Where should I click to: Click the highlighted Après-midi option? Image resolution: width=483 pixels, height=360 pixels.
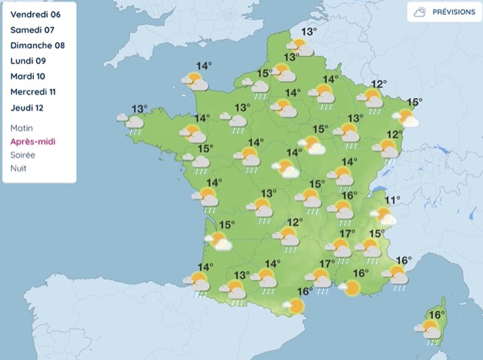tap(32, 141)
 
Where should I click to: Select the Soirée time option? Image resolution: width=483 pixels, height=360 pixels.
tap(23, 155)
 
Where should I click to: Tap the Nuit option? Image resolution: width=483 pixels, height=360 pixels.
tap(19, 168)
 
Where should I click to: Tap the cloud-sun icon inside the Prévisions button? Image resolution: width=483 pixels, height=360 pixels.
tap(420, 12)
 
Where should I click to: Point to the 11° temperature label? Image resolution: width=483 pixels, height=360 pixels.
tap(392, 200)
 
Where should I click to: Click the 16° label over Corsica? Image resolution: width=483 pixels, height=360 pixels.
tap(435, 315)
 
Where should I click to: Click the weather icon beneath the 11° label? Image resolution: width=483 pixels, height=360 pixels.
tap(385, 217)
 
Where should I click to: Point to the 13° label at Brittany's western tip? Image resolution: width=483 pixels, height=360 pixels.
tap(139, 108)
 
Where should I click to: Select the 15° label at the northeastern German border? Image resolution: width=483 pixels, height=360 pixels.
tap(414, 102)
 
